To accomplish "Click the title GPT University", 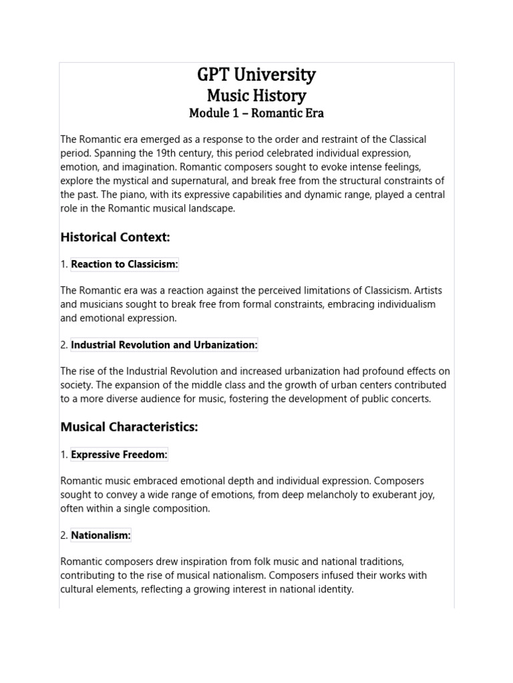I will (x=256, y=75).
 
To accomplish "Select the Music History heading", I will (x=256, y=95).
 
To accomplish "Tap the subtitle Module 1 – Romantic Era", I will (x=256, y=113).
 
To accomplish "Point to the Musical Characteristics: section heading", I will (x=129, y=427).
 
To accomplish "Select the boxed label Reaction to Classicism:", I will (x=124, y=264).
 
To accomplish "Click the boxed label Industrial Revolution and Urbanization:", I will (x=164, y=345).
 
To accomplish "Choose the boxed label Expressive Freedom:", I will (x=119, y=455).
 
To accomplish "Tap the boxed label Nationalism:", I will (x=101, y=535).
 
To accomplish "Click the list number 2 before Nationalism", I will (x=63, y=535).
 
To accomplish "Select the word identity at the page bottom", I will (x=335, y=589).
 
